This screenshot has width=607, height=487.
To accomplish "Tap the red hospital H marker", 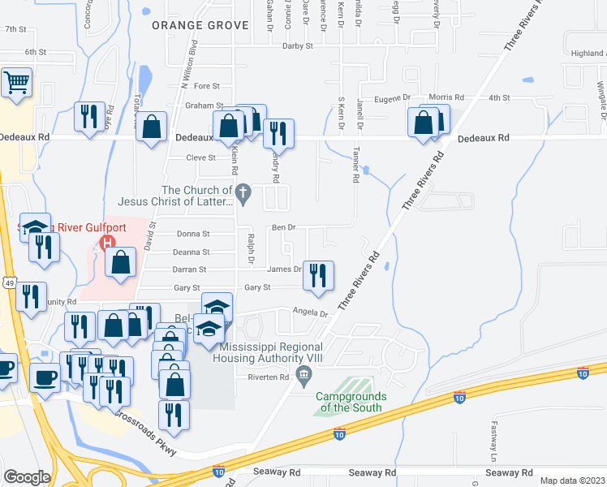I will point(105,243).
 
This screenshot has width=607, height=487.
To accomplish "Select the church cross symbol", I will point(243,193).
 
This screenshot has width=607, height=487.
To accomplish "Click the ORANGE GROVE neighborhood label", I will point(200,25).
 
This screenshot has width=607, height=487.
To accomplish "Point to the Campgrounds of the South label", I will point(351,402).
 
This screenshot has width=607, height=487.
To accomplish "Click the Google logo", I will point(27,477).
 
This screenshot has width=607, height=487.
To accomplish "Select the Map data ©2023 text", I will point(572,481).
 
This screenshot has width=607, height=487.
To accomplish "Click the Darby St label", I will point(298,46).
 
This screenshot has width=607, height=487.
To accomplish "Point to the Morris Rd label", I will point(446,97).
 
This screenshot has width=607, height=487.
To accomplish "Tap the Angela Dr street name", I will point(309,312).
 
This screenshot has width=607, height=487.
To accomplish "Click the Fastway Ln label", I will point(493,437).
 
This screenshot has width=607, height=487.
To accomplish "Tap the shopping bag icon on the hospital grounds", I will point(121,262).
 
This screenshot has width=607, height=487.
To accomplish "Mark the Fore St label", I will point(207,86).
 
